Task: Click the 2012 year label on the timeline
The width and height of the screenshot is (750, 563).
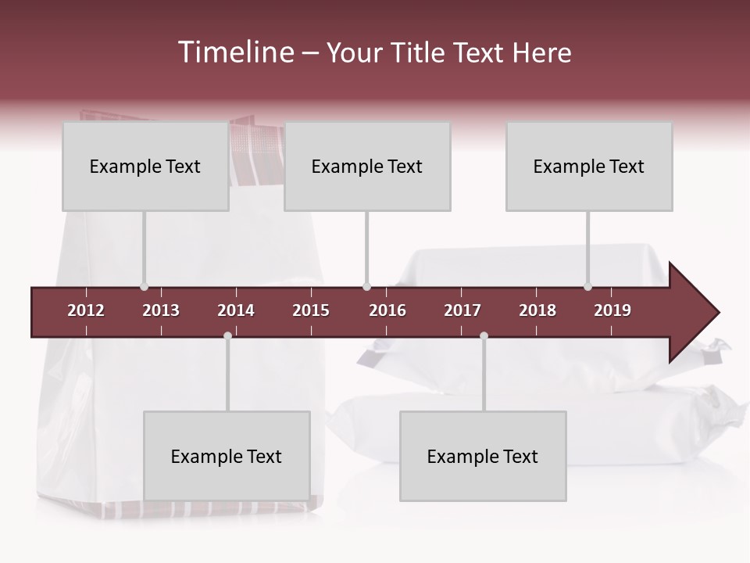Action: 86,310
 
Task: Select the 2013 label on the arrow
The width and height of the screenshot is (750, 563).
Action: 161,310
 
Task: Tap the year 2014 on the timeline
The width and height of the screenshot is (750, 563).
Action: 236,310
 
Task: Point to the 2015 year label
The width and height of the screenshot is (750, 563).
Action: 311,310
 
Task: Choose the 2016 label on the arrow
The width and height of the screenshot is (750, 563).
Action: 387,310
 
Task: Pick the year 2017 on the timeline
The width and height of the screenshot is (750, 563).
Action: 462,310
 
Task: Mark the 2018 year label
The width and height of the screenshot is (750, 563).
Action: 537,310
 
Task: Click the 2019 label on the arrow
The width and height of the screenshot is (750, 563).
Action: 612,310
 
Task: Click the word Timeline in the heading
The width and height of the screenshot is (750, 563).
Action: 235,52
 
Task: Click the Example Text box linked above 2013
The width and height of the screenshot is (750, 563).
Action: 145,167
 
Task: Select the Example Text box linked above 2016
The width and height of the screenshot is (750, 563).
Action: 367,167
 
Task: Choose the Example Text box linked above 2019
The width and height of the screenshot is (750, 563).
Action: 589,167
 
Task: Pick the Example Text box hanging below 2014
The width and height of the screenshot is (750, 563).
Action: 227,456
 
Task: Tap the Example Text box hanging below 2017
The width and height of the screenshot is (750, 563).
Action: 483,456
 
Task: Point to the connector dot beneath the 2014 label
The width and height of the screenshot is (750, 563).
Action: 227,335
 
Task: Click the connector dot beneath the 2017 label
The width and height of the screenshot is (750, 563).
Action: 484,335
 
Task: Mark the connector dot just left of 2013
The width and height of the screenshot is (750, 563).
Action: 144,287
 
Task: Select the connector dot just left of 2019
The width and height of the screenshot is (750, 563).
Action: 587,287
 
